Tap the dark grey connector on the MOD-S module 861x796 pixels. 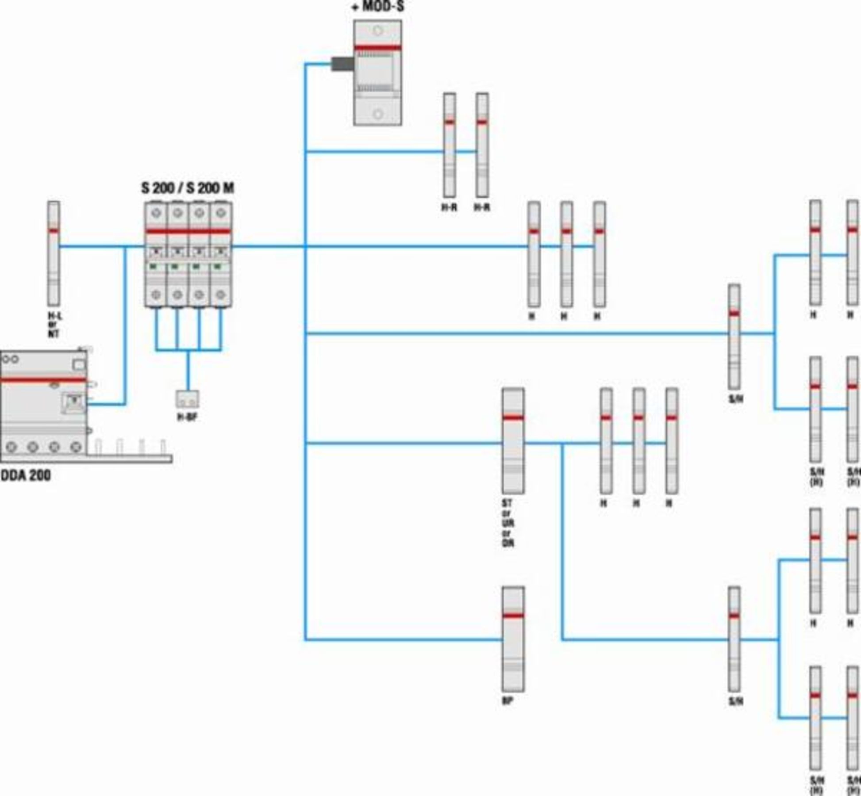click(342, 64)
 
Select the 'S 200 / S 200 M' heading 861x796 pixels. click(188, 188)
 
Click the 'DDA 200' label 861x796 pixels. click(26, 475)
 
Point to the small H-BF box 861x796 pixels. click(188, 399)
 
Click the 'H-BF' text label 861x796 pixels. click(187, 417)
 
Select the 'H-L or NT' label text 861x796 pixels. click(54, 325)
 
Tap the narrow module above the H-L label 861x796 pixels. click(54, 253)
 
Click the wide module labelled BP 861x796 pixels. click(513, 639)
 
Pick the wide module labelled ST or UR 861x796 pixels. click(513, 441)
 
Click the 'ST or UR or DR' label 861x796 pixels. click(508, 523)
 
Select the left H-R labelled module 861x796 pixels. click(450, 145)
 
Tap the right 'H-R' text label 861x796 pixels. click(482, 207)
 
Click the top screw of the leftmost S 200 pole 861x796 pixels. click(156, 213)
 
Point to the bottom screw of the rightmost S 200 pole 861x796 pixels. click(221, 294)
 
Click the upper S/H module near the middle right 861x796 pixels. click(734, 337)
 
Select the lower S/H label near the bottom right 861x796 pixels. click(736, 701)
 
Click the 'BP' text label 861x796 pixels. click(507, 701)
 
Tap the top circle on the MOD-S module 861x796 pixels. click(377, 31)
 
